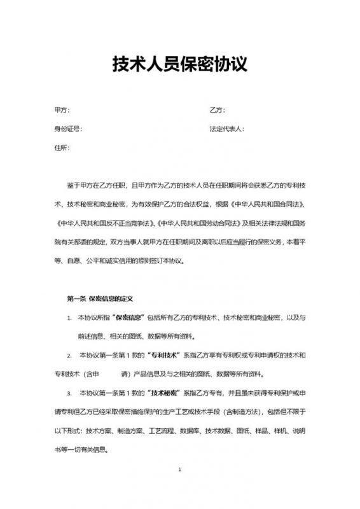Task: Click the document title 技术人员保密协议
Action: pyautogui.click(x=179, y=64)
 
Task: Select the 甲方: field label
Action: pyautogui.click(x=62, y=110)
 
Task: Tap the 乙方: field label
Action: pyautogui.click(x=217, y=110)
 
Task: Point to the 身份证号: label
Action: pyautogui.click(x=68, y=129)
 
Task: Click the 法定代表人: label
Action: pyautogui.click(x=227, y=129)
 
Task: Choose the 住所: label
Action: pyautogui.click(x=62, y=147)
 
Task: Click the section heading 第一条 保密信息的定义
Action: pyautogui.click(x=99, y=298)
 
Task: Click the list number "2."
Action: pyautogui.click(x=69, y=354)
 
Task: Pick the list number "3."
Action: pyautogui.click(x=69, y=394)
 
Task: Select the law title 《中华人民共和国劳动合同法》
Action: pyautogui.click(x=186, y=223)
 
